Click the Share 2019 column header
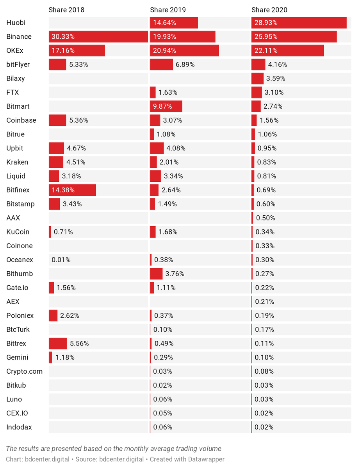[168, 10]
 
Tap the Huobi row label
[16, 23]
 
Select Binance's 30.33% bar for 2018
[98, 37]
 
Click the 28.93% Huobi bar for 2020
[299, 23]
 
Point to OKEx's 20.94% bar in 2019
[184, 50]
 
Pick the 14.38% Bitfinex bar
[72, 190]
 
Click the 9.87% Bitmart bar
[166, 106]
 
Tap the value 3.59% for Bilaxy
[276, 79]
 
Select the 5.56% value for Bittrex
[79, 344]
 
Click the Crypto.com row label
[24, 371]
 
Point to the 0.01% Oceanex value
[61, 260]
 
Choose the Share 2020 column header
[269, 10]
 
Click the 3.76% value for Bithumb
[175, 274]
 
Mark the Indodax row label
[19, 427]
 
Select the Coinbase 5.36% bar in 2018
[57, 120]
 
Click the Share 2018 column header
[66, 10]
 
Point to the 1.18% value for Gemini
[65, 357]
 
